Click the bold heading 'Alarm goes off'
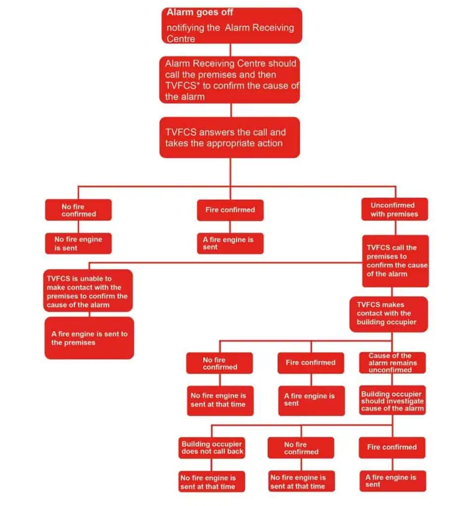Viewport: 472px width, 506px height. [x=200, y=12]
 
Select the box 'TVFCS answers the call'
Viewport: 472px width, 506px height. [x=230, y=137]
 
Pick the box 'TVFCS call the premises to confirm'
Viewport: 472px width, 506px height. [x=395, y=260]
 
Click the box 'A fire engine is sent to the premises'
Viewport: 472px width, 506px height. [x=89, y=338]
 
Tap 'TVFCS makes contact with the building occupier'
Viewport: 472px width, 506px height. [x=388, y=313]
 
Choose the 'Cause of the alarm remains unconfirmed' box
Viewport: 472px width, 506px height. [x=392, y=363]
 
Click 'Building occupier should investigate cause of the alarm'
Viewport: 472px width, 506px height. [x=392, y=401]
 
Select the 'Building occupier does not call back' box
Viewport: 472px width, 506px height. [x=212, y=448]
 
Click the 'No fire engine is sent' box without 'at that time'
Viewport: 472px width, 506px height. [x=78, y=243]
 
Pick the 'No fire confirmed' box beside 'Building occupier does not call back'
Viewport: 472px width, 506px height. [x=301, y=448]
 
